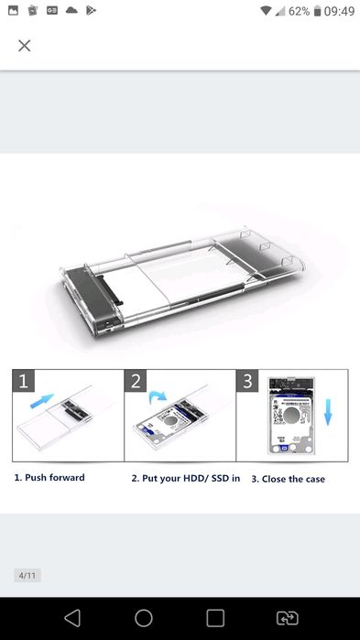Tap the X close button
(25, 46)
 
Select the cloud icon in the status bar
(71, 10)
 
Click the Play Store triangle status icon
(92, 10)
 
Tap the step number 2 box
(136, 381)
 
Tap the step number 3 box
(248, 381)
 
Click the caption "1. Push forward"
(49, 478)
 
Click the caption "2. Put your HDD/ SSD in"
(185, 478)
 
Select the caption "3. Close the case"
(288, 479)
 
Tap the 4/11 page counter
(27, 576)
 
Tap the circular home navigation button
(144, 618)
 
